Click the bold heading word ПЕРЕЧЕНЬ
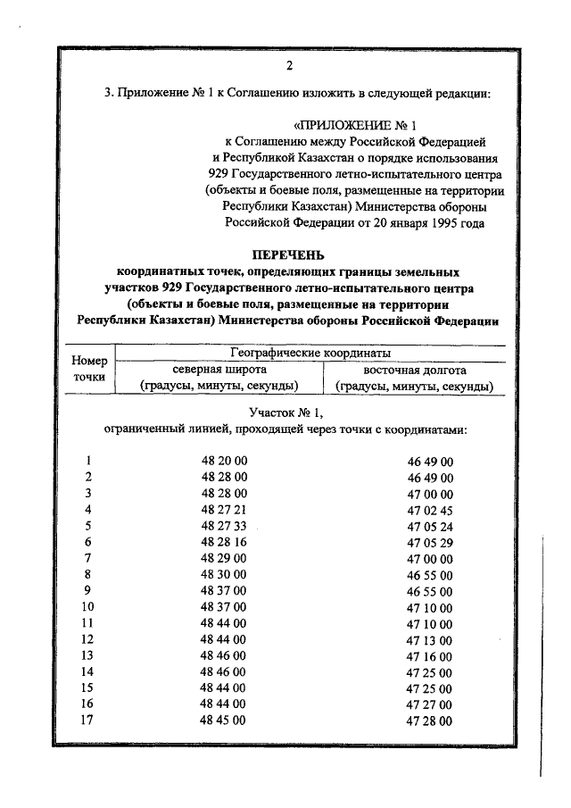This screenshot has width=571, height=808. click(288, 254)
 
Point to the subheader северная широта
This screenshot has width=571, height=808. click(219, 370)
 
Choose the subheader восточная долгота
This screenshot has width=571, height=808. click(414, 370)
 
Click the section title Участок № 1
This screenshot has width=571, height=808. click(287, 412)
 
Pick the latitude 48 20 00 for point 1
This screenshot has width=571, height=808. click(224, 461)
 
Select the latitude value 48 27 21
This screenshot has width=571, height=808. click(224, 509)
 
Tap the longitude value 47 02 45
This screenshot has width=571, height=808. click(430, 509)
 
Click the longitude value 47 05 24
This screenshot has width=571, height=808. click(430, 526)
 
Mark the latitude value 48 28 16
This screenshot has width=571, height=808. click(224, 542)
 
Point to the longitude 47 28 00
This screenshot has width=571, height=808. click(430, 721)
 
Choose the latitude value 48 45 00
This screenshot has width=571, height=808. click(224, 721)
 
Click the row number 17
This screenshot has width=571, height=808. click(87, 721)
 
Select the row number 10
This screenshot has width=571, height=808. click(87, 607)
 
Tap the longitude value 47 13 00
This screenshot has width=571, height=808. click(430, 639)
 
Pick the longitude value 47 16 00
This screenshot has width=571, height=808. click(430, 655)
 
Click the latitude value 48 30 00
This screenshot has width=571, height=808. click(224, 574)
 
